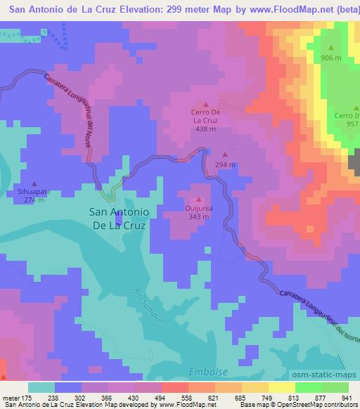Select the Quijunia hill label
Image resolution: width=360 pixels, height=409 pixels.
[x=198, y=209]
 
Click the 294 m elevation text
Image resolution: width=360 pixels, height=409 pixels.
[x=225, y=164]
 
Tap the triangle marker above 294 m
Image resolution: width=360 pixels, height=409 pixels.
[x=225, y=155]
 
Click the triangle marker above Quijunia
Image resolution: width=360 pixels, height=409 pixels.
[x=198, y=199]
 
